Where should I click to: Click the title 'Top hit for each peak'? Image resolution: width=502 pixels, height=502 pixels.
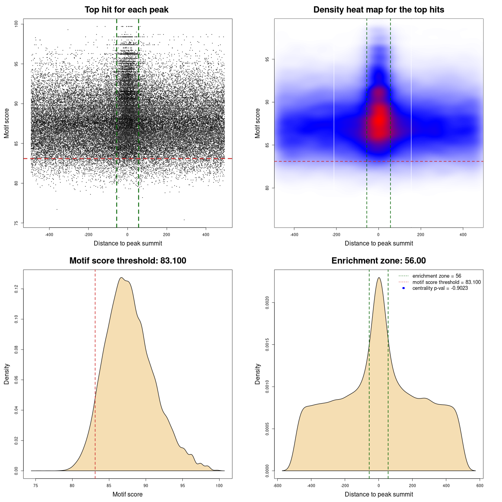tap(126, 10)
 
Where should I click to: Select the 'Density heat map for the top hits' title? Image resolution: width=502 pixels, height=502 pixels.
tap(378, 10)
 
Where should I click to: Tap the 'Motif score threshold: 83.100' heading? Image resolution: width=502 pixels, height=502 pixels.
tap(127, 261)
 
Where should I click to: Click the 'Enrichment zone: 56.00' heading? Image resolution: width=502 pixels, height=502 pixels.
tap(378, 261)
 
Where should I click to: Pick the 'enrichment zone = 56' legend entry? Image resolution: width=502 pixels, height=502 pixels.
tap(437, 276)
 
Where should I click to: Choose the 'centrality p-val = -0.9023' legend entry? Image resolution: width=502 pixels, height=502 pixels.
tap(440, 288)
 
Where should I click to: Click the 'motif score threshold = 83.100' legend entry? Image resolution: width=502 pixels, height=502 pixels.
tap(446, 282)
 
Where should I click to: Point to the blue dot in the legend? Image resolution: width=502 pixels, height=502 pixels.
tap(404, 288)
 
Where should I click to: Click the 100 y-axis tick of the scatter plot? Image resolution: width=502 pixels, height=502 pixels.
tap(16, 24)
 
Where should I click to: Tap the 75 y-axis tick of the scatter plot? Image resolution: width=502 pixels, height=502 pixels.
tap(16, 223)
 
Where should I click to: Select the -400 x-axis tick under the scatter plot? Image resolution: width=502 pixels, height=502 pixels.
tap(49, 235)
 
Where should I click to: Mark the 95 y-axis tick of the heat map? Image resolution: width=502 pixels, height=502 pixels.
tap(267, 59)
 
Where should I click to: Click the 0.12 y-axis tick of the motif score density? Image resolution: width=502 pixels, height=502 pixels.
tap(16, 289)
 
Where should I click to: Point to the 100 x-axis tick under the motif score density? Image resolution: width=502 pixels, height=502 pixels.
tap(219, 486)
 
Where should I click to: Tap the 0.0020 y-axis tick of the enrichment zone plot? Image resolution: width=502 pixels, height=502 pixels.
tap(267, 303)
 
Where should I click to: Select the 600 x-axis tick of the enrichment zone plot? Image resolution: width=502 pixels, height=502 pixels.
tap(480, 486)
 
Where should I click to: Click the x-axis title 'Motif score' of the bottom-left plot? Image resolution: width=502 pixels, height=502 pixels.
tap(127, 494)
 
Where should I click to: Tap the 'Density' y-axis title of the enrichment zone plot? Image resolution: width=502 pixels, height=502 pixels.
tap(258, 374)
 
